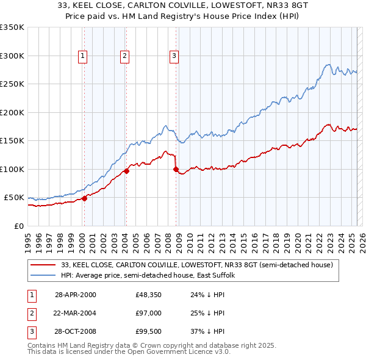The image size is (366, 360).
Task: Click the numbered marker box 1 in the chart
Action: tap(82, 56)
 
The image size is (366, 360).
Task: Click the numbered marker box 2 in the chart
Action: tap(124, 56)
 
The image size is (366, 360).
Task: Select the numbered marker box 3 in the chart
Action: tap(174, 56)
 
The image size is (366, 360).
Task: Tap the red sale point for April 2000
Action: tap(85, 198)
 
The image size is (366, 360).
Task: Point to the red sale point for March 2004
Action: tap(126, 171)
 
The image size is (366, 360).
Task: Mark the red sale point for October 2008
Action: tap(176, 169)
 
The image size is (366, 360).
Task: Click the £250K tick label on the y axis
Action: tap(13, 84)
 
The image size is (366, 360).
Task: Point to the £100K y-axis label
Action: tap(13, 169)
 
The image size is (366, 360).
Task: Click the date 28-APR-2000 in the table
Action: tap(76, 295)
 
